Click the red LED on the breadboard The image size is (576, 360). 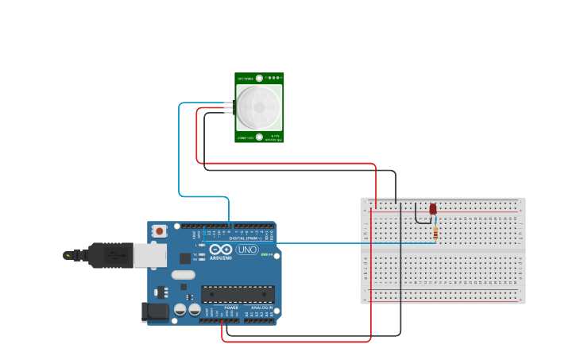[x=433, y=209]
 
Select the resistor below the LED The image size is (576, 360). [x=436, y=233]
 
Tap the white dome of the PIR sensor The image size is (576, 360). [x=258, y=107]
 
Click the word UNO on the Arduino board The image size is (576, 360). [x=248, y=250]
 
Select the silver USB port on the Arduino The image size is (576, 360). [x=149, y=255]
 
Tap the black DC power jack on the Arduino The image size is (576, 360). [x=154, y=312]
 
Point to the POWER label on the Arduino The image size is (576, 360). [x=231, y=308]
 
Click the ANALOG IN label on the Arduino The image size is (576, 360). [x=261, y=308]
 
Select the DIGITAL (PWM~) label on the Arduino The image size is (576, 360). [x=246, y=238]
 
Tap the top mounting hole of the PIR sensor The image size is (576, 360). [x=259, y=79]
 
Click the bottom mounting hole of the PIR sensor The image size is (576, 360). [x=259, y=137]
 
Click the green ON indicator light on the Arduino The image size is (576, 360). [x=265, y=254]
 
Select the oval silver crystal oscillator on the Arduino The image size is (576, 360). [x=183, y=275]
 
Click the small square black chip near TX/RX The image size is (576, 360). [x=185, y=258]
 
